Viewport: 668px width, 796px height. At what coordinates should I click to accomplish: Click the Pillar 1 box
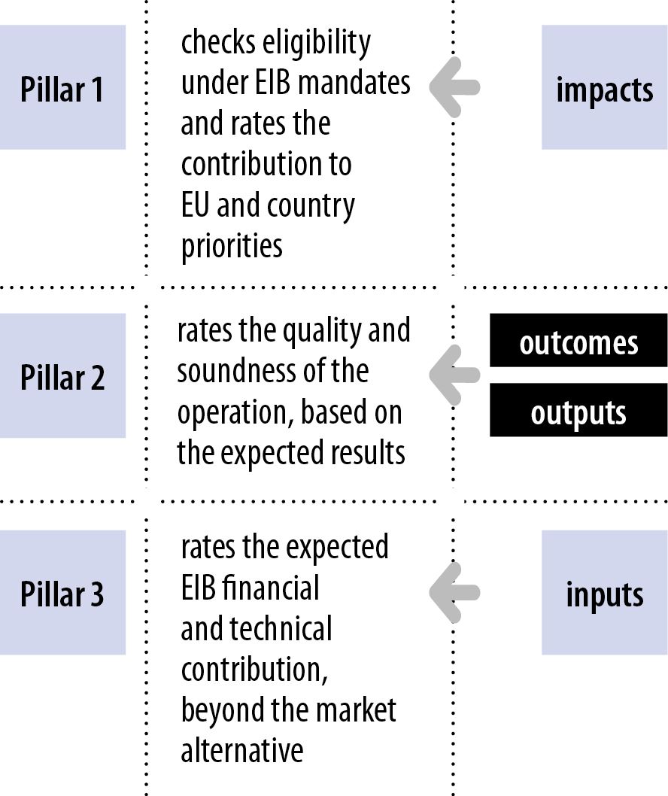pyautogui.click(x=62, y=87)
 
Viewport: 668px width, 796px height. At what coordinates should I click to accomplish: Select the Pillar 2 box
pyautogui.click(x=62, y=375)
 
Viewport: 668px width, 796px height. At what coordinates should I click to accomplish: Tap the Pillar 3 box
pyautogui.click(x=62, y=592)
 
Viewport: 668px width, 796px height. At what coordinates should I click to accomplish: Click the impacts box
pyautogui.click(x=605, y=87)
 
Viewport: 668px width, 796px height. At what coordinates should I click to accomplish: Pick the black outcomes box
pyautogui.click(x=578, y=340)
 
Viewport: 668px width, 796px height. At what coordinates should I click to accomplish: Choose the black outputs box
pyautogui.click(x=578, y=410)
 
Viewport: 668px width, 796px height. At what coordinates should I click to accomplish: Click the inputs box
pyautogui.click(x=605, y=592)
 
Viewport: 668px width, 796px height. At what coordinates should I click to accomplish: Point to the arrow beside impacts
pyautogui.click(x=454, y=87)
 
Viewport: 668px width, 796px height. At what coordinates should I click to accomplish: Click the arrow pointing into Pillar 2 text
pyautogui.click(x=454, y=375)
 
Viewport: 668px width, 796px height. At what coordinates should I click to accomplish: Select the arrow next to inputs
pyautogui.click(x=454, y=592)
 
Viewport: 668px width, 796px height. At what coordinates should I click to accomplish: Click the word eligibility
pyautogui.click(x=316, y=43)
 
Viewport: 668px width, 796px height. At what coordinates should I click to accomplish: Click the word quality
pyautogui.click(x=322, y=332)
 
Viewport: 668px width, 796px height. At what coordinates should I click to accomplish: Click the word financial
pyautogui.click(x=270, y=588)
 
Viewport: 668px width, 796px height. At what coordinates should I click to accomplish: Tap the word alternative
pyautogui.click(x=242, y=751)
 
